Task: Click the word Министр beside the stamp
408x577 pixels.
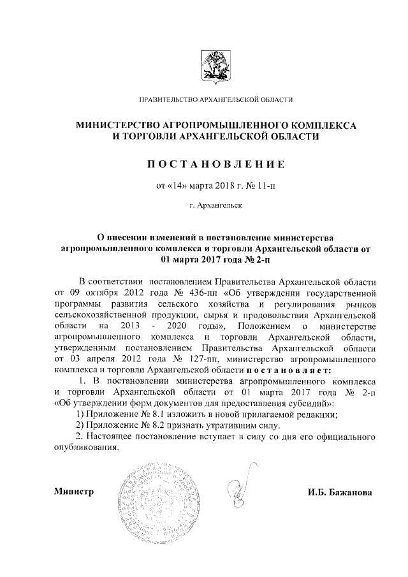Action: pos(74,492)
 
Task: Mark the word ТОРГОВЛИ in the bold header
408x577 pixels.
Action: pos(149,137)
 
